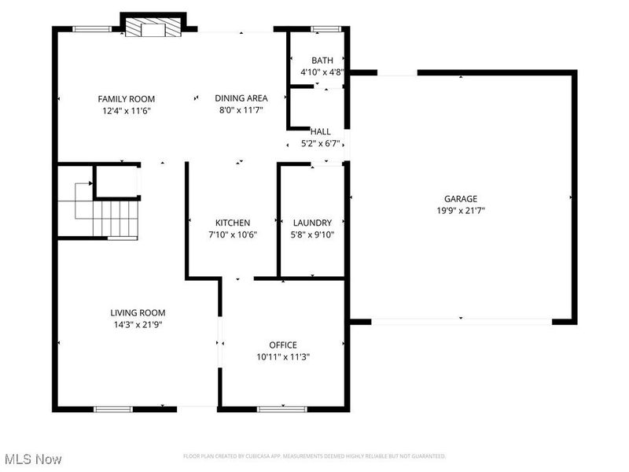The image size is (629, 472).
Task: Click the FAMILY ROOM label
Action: coord(126,98)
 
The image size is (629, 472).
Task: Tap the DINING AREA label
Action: coord(241,98)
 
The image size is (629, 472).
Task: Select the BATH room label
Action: coord(322,60)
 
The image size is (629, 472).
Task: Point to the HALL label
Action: coord(321,131)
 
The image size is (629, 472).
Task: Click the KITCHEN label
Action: coord(234,223)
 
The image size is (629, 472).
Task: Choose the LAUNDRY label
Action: coord(312,223)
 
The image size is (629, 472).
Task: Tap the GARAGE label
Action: coord(461,199)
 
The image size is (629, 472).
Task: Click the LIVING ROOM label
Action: coord(138,312)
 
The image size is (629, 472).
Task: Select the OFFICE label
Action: coord(283,345)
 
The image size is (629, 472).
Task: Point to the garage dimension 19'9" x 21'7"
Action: coord(461,211)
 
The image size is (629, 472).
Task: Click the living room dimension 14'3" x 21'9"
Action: coord(138,324)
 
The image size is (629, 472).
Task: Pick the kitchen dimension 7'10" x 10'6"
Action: coord(234,234)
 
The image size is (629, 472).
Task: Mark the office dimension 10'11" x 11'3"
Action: coord(283,356)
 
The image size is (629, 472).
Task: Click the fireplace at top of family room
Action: coord(153,29)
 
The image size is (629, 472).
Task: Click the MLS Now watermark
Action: coord(33,458)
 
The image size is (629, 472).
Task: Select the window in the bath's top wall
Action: coord(322,30)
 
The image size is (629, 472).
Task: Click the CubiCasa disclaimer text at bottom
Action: coord(314,456)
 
